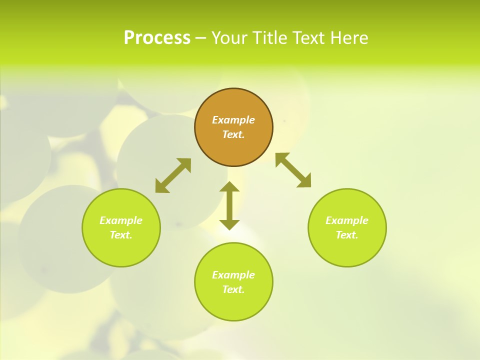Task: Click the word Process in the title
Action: [157, 38]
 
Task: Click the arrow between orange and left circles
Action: [173, 175]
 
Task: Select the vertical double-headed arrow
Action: [229, 205]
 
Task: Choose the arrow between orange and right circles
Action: [293, 170]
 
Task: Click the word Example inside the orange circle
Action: [233, 120]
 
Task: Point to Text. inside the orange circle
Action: [233, 134]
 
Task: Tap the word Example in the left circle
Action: [121, 220]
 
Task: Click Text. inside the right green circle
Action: [347, 235]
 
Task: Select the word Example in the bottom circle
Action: [233, 275]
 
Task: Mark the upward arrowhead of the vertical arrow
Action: [229, 187]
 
